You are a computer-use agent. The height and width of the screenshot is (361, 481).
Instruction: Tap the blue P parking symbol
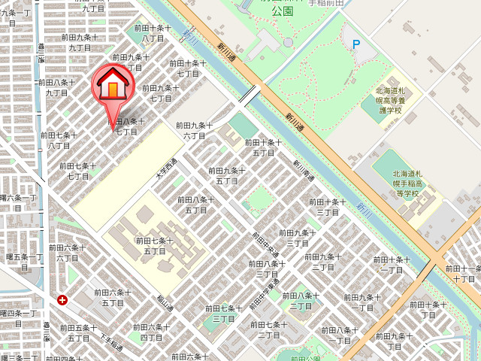(356, 44)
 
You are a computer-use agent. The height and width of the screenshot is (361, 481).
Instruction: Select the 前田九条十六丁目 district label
(194, 130)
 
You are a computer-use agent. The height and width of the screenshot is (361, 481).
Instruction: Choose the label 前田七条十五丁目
(154, 245)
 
